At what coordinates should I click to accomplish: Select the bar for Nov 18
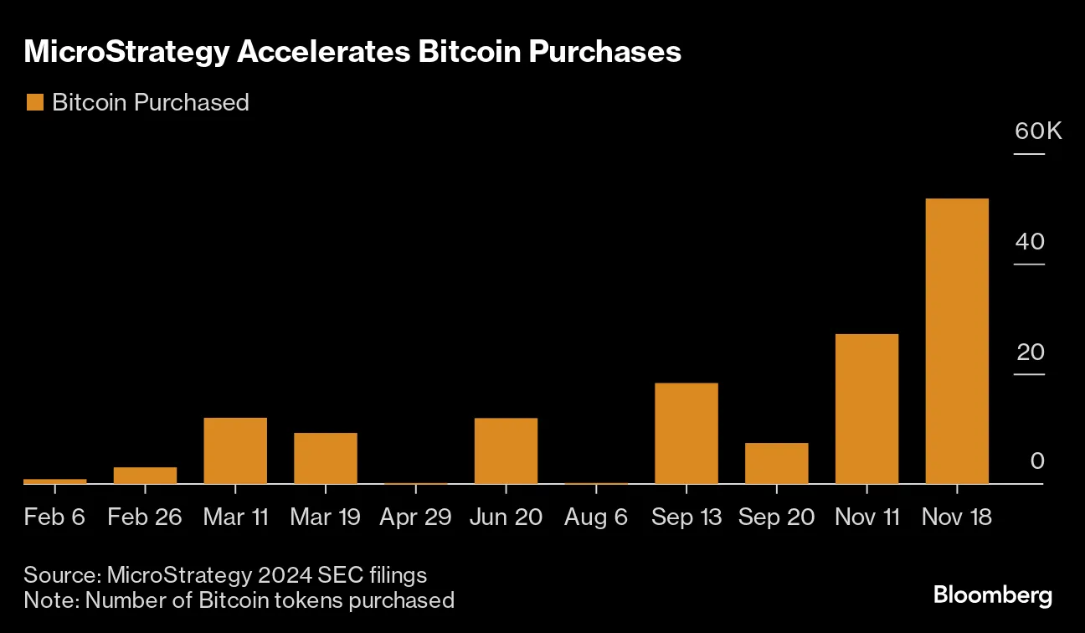[957, 341]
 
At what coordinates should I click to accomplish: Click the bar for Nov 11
[866, 409]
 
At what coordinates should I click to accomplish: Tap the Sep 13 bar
[686, 433]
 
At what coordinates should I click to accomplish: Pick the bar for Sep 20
[776, 463]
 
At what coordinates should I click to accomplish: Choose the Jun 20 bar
[506, 450]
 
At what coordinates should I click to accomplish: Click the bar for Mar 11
[235, 450]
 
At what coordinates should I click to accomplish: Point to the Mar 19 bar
[325, 458]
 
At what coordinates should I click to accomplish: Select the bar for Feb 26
[145, 475]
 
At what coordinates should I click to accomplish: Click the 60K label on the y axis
[1038, 131]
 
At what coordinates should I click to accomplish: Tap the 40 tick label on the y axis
[1031, 242]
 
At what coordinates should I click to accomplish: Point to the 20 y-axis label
[1031, 352]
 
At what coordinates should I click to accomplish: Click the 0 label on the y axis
[1037, 461]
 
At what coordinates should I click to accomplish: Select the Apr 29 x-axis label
[415, 517]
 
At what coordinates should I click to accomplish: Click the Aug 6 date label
[596, 517]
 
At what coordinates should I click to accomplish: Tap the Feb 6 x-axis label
[54, 517]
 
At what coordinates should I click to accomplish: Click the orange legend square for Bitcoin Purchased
[34, 103]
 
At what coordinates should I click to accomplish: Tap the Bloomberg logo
[993, 596]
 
